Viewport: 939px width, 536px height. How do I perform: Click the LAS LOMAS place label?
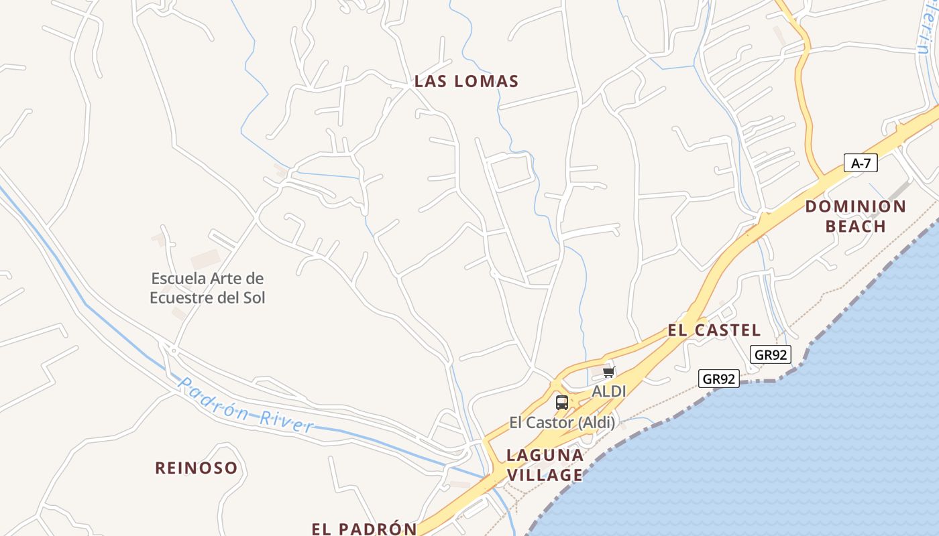466,82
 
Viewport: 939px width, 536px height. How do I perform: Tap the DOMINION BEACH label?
856,216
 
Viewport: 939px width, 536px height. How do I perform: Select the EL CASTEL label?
714,330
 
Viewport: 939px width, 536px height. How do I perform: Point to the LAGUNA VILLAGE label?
545,465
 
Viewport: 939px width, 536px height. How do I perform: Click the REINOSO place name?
197,468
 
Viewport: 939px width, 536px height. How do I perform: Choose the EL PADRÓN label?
364,529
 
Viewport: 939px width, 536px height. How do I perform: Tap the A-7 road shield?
860,163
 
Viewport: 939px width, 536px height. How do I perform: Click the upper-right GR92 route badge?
770,354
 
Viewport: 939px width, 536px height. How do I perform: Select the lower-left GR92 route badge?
718,379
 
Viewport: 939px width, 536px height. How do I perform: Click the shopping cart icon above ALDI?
608,373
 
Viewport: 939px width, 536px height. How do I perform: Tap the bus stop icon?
562,403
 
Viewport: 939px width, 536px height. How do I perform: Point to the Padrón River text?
246,405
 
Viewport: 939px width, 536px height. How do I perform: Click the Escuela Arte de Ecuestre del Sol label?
207,287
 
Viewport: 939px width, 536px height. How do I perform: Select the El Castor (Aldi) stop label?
562,423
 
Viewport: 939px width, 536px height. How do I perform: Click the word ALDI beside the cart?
608,391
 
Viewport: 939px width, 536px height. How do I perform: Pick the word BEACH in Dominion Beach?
856,226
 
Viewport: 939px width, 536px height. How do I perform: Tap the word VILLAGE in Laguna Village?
545,475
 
